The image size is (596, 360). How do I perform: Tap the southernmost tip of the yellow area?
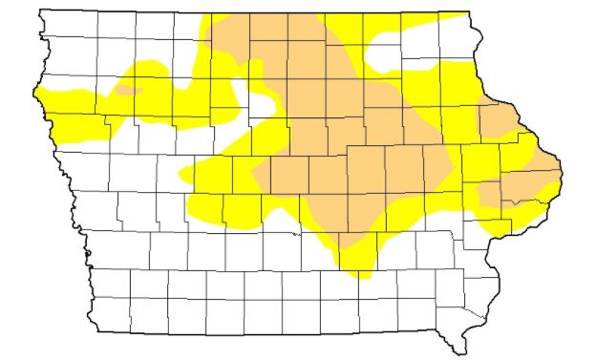(x=361, y=277)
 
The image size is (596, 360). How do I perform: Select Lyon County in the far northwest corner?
(x=56, y=28)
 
